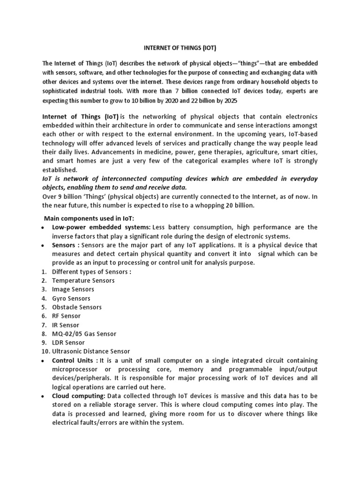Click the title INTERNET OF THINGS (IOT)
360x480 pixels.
tap(180, 48)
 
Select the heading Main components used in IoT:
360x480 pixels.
tap(89, 218)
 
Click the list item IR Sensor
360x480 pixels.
tap(66, 325)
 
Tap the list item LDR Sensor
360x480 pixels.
tap(68, 343)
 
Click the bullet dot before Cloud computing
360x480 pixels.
tap(43, 397)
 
